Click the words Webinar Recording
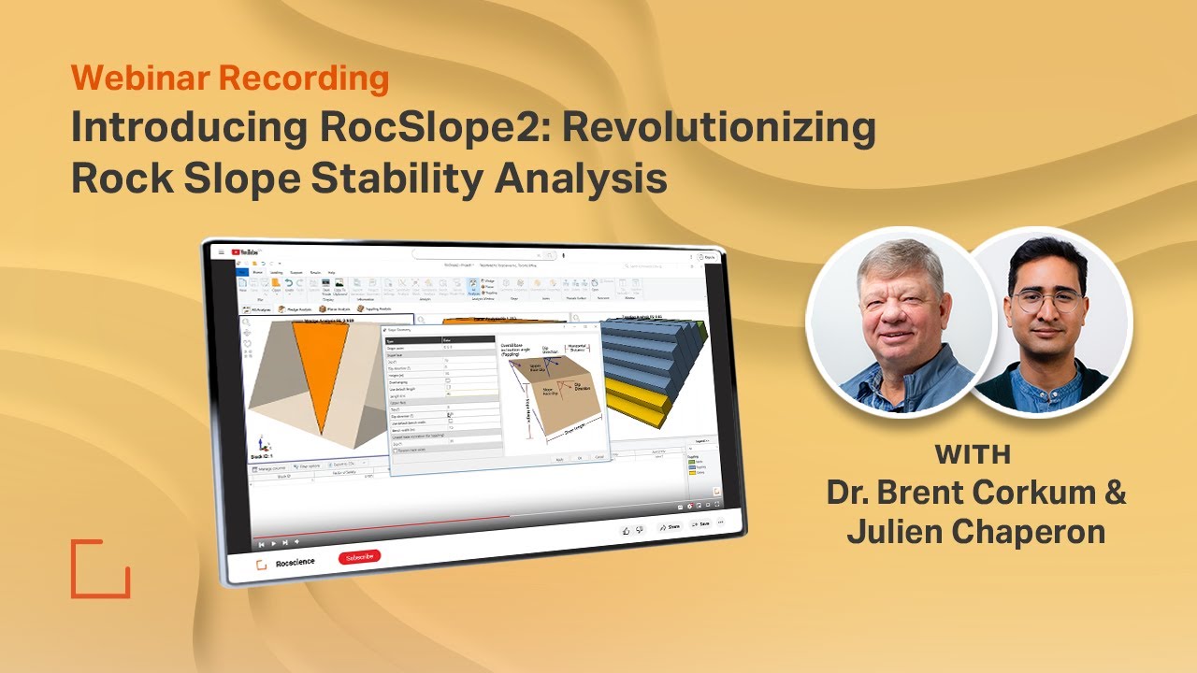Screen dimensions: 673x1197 point(229,79)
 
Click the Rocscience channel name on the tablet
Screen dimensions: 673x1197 point(296,561)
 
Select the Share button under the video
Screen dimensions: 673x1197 point(670,526)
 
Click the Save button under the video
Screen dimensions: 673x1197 point(701,523)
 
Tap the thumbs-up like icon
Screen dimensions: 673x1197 point(626,529)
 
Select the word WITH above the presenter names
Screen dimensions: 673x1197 point(973,455)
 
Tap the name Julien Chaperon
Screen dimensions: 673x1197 point(976,531)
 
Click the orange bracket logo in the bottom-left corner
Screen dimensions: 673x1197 point(100,567)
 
